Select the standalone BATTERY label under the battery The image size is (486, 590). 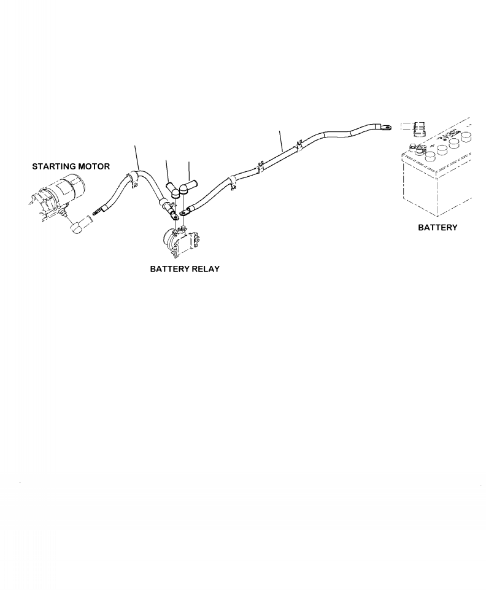click(438, 227)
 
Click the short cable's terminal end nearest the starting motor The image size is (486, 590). click(96, 213)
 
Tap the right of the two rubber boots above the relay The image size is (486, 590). click(187, 188)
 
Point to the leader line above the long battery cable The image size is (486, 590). click(281, 141)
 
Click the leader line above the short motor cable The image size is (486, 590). click(137, 157)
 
